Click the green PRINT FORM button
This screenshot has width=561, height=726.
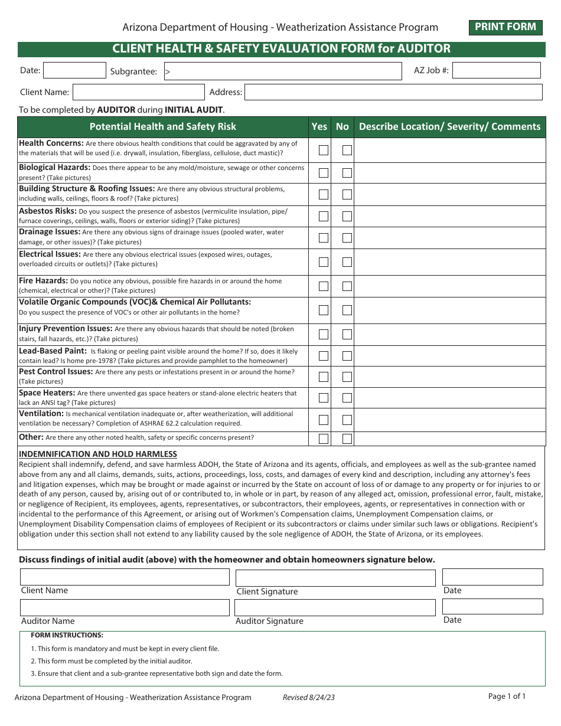click(x=505, y=27)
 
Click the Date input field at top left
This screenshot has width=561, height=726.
click(x=74, y=71)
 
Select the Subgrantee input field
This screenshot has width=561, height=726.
click(x=283, y=71)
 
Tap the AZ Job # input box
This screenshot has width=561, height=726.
click(x=496, y=71)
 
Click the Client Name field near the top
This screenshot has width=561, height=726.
click(x=139, y=92)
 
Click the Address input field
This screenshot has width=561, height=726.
click(x=393, y=92)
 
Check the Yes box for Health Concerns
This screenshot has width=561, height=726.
click(x=324, y=150)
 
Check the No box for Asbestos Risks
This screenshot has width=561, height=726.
click(x=347, y=216)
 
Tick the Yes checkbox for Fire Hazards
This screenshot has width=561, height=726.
click(x=324, y=286)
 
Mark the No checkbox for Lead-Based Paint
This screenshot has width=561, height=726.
click(x=347, y=356)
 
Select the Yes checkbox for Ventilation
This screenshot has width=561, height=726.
click(x=324, y=420)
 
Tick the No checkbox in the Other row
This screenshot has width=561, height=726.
click(x=347, y=439)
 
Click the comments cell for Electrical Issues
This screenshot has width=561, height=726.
click(x=449, y=261)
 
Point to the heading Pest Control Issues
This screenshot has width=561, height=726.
click(x=56, y=372)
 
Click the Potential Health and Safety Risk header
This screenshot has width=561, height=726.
click(x=162, y=126)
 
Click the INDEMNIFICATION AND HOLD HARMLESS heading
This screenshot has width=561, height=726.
click(x=98, y=454)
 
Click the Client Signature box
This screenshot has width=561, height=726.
click(x=335, y=578)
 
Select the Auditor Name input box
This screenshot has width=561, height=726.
click(x=125, y=607)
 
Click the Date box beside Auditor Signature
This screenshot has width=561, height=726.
click(x=492, y=606)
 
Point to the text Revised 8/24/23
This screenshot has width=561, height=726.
click(x=309, y=697)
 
